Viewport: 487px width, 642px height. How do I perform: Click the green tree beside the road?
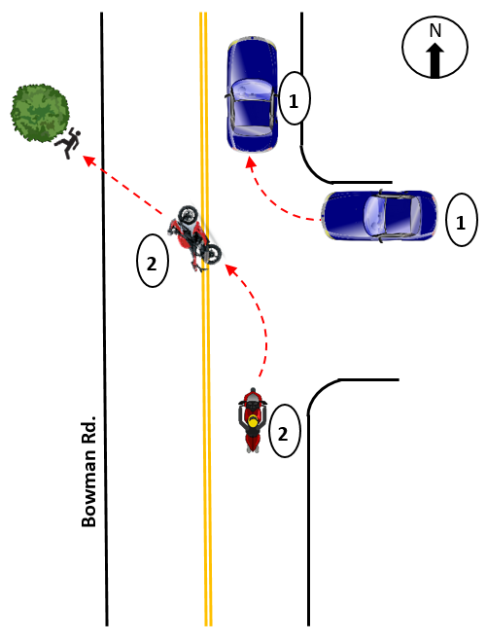pos(40,114)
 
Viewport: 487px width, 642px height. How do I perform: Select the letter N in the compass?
pos(435,31)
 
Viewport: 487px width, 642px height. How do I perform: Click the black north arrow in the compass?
pos(435,60)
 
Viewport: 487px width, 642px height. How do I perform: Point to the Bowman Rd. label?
pos(88,471)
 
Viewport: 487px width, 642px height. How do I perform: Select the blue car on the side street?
pos(379,215)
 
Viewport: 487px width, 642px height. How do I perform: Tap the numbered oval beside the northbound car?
pos(295,98)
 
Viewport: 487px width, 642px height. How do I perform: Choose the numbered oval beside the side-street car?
pos(461,220)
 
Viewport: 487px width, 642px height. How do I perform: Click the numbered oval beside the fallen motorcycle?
pos(153,261)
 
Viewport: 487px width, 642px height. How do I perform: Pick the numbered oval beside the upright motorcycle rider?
pos(285,431)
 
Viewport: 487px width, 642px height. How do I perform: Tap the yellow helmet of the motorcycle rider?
pos(254,421)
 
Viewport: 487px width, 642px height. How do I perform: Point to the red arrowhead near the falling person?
pos(89,160)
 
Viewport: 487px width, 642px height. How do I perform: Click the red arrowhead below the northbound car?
pos(251,162)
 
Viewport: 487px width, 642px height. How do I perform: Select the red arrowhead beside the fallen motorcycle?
pos(231,270)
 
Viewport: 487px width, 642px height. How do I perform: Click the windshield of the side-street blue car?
pos(373,215)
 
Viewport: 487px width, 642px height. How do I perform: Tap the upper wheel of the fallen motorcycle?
pos(188,215)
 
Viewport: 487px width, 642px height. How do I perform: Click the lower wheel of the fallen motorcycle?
pos(212,254)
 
